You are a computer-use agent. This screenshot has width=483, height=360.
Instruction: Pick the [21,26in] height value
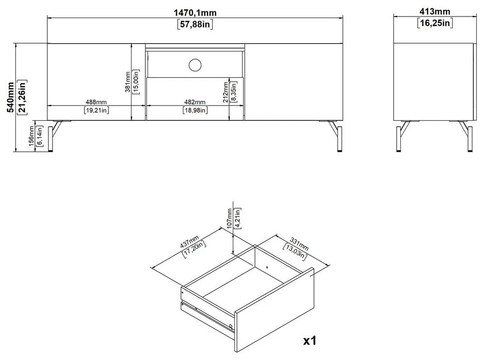pos(23,98)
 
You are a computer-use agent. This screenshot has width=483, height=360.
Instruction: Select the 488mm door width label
pos(96,102)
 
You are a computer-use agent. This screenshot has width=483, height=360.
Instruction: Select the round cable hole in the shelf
pos(195,64)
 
